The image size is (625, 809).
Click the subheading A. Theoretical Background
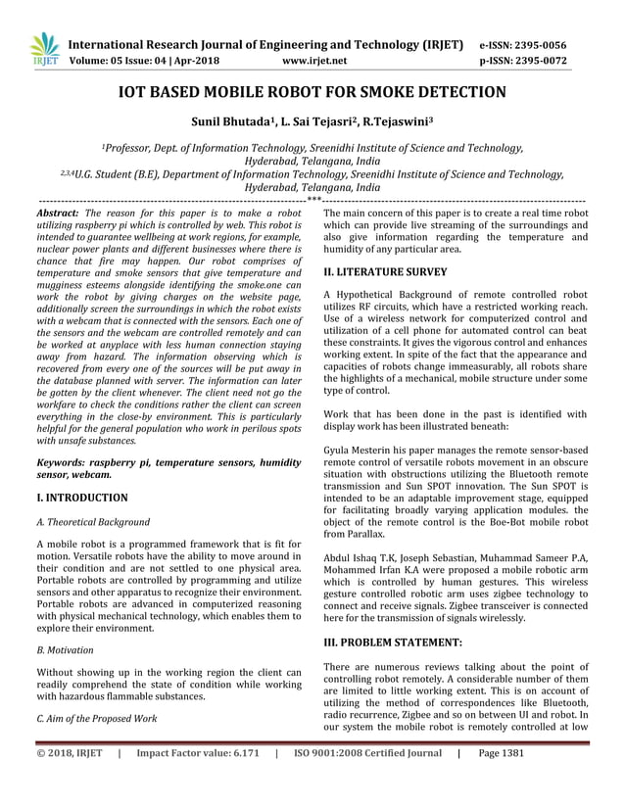click(x=92, y=522)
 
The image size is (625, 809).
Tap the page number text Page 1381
click(x=502, y=783)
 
